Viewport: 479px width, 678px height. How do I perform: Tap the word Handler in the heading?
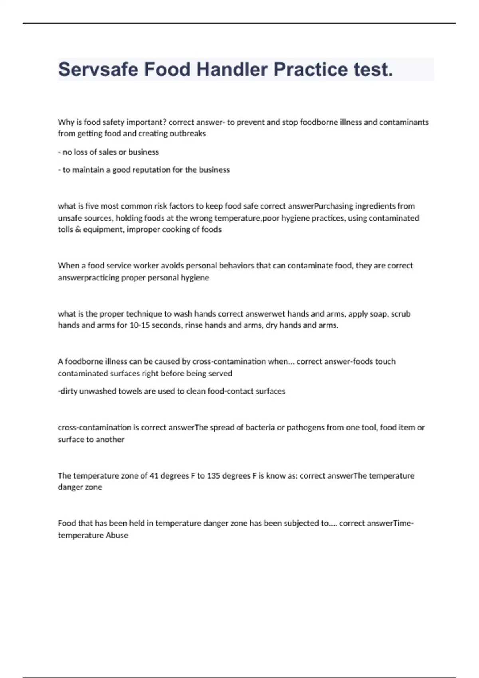click(232, 69)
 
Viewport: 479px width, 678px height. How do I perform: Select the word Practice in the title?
click(311, 69)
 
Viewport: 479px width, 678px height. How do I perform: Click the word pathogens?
click(305, 428)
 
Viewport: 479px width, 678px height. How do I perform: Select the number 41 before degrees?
click(154, 476)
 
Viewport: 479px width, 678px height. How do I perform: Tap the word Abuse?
click(117, 536)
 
